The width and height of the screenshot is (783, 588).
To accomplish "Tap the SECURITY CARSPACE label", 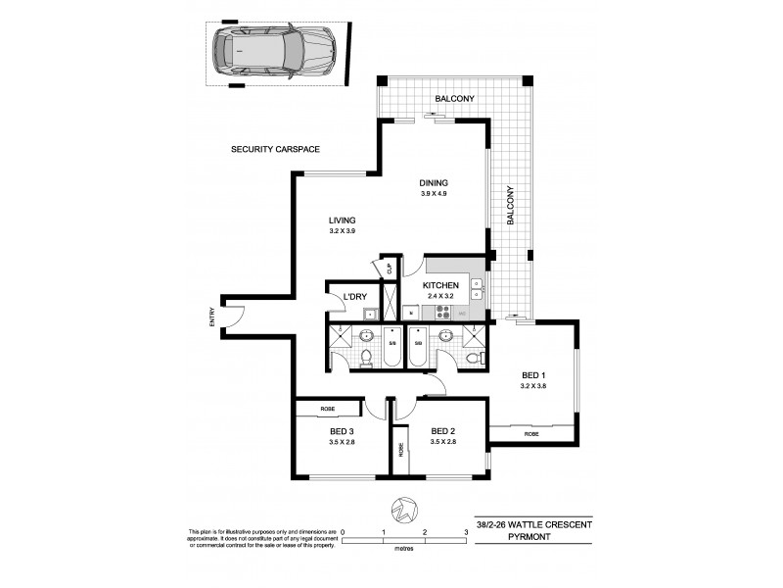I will [x=276, y=149].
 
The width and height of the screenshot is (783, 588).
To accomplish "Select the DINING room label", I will [x=434, y=182].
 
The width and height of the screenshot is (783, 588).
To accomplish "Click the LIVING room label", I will [x=342, y=220].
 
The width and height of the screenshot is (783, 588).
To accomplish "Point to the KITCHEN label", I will [x=440, y=285].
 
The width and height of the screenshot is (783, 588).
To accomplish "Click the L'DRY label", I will [x=343, y=297].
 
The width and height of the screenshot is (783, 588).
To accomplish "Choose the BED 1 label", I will [x=533, y=375].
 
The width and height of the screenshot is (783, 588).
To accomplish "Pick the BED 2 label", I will [x=443, y=430].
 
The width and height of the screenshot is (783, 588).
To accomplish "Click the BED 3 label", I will [x=342, y=430].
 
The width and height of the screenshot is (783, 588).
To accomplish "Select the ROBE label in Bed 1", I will [x=531, y=433].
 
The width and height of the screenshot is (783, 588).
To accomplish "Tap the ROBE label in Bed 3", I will [x=328, y=408].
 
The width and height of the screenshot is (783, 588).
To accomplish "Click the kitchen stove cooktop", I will [x=441, y=313].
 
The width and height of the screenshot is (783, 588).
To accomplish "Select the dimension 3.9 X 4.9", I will [x=434, y=194].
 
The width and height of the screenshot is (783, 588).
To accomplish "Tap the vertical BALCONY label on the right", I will [x=511, y=207].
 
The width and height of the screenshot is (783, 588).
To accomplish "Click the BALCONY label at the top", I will [x=455, y=99].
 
